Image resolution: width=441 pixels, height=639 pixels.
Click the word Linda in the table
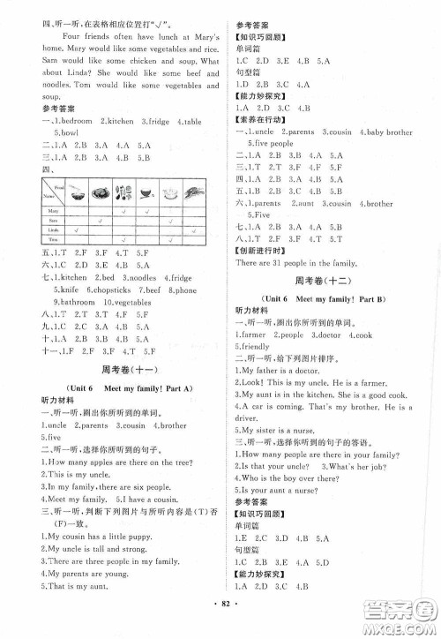53,229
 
